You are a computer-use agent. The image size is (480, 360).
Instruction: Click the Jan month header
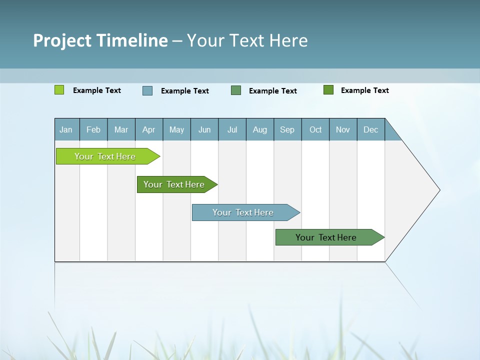(66, 129)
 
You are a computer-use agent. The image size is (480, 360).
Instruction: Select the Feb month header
(93, 129)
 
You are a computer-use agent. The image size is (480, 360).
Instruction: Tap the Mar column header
(121, 129)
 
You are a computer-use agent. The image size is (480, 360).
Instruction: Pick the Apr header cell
(149, 129)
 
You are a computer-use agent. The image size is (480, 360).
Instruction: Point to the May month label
(176, 129)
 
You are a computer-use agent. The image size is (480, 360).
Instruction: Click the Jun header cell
(204, 129)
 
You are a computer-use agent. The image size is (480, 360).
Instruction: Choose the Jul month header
(232, 129)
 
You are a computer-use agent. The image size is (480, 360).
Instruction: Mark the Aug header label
(260, 129)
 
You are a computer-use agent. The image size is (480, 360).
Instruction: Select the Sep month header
(287, 129)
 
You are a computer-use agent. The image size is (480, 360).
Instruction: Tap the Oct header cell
(315, 129)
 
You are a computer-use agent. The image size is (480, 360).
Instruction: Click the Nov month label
(343, 129)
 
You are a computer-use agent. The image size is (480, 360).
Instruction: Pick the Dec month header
(371, 129)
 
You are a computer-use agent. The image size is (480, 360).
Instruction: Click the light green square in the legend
(59, 90)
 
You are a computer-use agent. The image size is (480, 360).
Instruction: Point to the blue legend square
(147, 90)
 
